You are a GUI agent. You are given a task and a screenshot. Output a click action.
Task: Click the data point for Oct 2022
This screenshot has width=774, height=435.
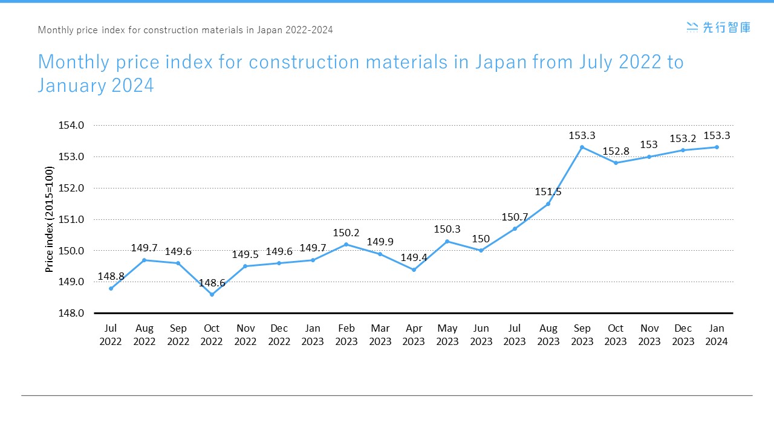[212, 294]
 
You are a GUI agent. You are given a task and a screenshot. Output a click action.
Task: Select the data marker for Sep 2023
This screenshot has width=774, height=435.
[582, 147]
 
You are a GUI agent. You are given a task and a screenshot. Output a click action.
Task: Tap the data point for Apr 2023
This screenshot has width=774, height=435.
[414, 269]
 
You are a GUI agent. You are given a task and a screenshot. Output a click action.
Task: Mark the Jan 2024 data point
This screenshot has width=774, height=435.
[717, 147]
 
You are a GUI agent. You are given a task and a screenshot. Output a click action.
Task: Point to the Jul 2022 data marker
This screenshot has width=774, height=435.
[111, 288]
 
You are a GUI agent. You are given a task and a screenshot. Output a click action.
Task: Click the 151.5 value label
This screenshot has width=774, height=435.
[548, 192]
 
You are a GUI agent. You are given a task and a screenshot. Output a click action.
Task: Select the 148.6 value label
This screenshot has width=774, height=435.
[212, 283]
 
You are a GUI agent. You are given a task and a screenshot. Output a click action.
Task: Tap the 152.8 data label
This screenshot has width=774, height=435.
[616, 151]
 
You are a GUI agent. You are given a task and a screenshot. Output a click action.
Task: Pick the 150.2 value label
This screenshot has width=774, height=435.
[346, 233]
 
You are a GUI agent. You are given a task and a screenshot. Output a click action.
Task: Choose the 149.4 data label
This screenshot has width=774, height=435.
[414, 258]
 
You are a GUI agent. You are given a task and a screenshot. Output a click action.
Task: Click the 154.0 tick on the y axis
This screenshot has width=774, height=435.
[72, 125]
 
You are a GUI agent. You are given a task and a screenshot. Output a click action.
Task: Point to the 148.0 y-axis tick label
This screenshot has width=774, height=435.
[72, 313]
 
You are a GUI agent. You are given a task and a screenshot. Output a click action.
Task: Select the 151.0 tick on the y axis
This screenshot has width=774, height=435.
[72, 219]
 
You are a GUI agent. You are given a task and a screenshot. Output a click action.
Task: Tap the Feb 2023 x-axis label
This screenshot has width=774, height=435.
[346, 335]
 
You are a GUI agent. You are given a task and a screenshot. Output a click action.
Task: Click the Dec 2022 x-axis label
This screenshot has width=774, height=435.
[279, 335]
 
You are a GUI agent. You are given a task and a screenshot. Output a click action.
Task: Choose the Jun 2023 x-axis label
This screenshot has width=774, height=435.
[481, 335]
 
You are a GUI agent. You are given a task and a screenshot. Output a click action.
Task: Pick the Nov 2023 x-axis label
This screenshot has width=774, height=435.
[649, 335]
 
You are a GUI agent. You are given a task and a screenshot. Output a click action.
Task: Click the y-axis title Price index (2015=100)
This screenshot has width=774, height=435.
[50, 219]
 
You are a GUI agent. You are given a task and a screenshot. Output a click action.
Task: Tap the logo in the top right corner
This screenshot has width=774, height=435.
[718, 27]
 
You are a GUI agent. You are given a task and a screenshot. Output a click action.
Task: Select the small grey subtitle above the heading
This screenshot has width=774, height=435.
[185, 30]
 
